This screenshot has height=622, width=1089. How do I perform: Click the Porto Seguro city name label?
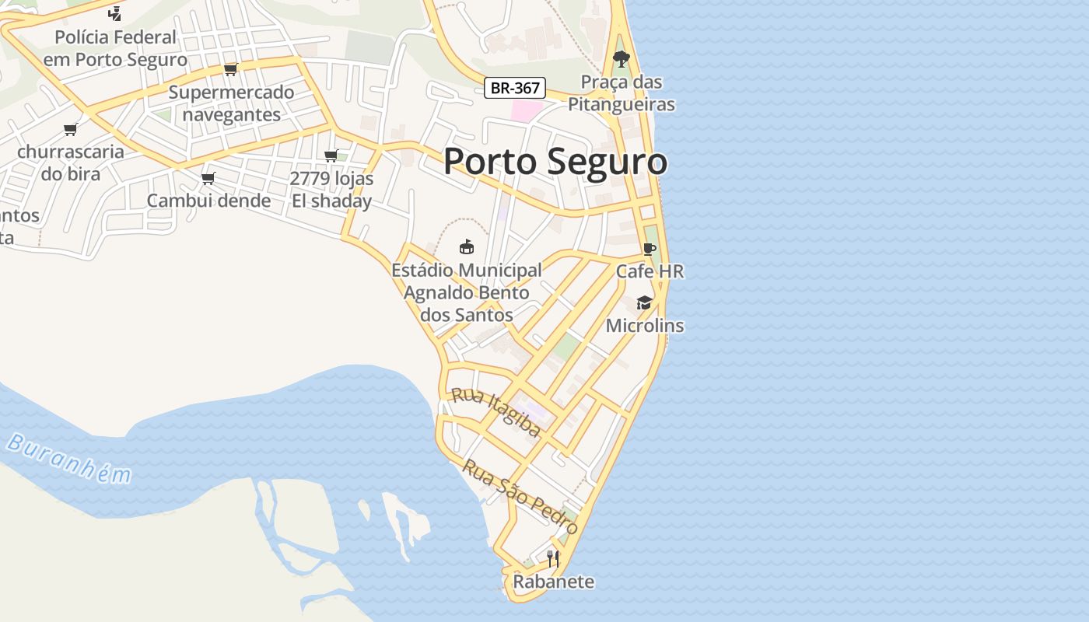point(555,162)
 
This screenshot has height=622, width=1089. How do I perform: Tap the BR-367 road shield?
point(514,88)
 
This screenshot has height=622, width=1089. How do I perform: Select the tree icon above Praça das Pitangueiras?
point(621,58)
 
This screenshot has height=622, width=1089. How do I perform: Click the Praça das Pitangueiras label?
point(621,93)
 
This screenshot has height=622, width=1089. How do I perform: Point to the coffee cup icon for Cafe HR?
point(650,249)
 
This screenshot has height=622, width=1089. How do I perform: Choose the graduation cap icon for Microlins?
point(644,302)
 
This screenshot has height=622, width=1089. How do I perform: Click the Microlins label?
point(644,326)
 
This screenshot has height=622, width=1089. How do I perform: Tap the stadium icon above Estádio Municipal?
point(467,246)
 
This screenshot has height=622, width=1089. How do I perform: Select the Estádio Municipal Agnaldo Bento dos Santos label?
point(467,292)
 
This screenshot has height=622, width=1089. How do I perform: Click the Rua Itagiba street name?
point(496,412)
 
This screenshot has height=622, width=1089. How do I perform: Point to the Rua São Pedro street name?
point(520,496)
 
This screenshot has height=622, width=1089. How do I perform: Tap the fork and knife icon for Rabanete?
point(553,558)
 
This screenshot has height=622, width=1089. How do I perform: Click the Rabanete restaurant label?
point(553,582)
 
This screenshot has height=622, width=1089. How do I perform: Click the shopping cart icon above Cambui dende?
point(208,178)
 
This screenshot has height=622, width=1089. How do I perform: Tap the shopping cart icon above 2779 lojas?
point(331,155)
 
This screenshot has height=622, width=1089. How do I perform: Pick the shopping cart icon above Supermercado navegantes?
point(230,70)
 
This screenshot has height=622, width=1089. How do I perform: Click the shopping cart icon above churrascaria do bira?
point(71,129)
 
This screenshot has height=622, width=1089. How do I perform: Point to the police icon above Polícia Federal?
point(115,13)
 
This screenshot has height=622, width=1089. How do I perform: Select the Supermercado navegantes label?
point(232,103)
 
